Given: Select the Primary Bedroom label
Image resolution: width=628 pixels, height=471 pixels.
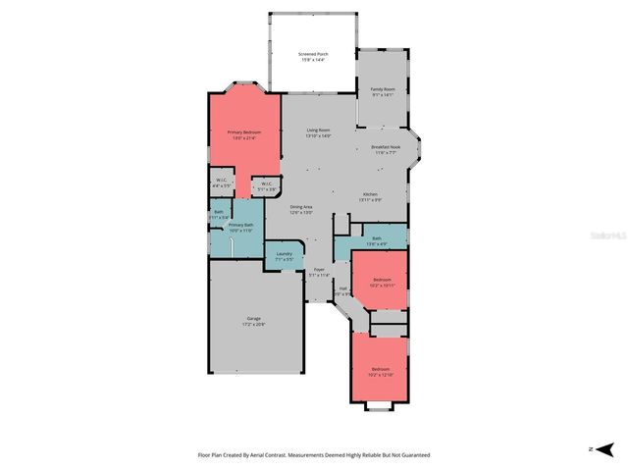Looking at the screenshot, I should (243, 132).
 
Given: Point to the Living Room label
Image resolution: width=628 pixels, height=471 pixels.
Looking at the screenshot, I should (318, 131).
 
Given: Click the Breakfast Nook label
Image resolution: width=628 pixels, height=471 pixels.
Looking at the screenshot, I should (384, 148).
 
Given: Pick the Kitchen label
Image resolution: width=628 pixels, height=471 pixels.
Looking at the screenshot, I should (370, 194).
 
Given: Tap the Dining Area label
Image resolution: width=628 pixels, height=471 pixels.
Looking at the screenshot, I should (301, 207).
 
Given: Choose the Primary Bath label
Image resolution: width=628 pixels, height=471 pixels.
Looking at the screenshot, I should (241, 226).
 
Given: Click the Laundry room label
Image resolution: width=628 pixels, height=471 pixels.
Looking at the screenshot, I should (284, 255).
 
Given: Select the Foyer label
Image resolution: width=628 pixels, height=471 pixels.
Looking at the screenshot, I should (318, 269).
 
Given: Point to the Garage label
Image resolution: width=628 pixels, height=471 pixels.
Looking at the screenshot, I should (253, 320).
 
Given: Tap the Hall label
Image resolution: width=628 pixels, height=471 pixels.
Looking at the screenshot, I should (342, 289).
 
